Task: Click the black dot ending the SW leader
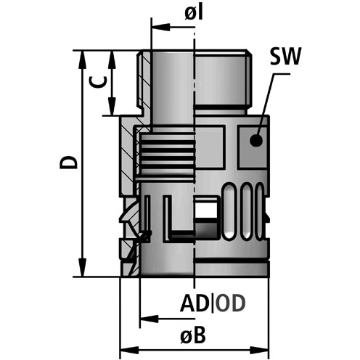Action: tap(255, 142)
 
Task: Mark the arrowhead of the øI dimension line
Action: tap(156, 29)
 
